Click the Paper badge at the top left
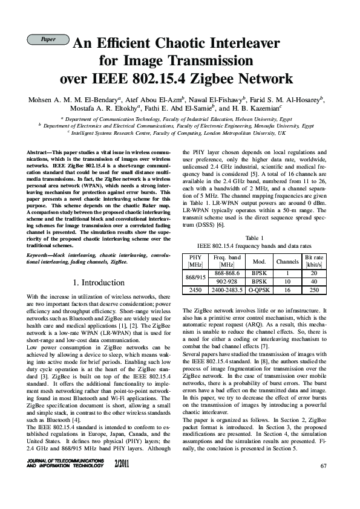point(47,40)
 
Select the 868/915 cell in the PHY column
point(195,277)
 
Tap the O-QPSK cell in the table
point(259,290)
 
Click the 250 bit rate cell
point(313,290)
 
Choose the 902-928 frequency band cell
point(226,281)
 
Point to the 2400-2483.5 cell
point(226,290)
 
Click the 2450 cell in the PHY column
point(195,290)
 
